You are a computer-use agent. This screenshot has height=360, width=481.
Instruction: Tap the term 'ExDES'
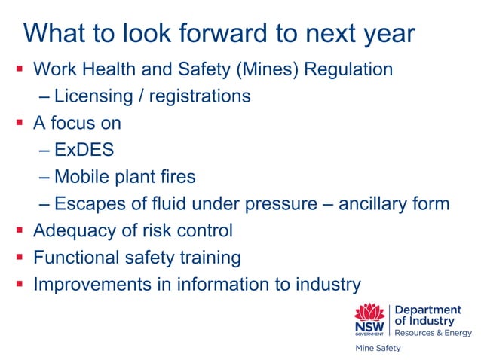[x=84, y=150]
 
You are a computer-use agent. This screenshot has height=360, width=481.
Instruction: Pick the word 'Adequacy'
[x=70, y=230]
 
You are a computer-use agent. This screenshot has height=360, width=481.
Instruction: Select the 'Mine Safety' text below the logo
[x=378, y=349]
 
